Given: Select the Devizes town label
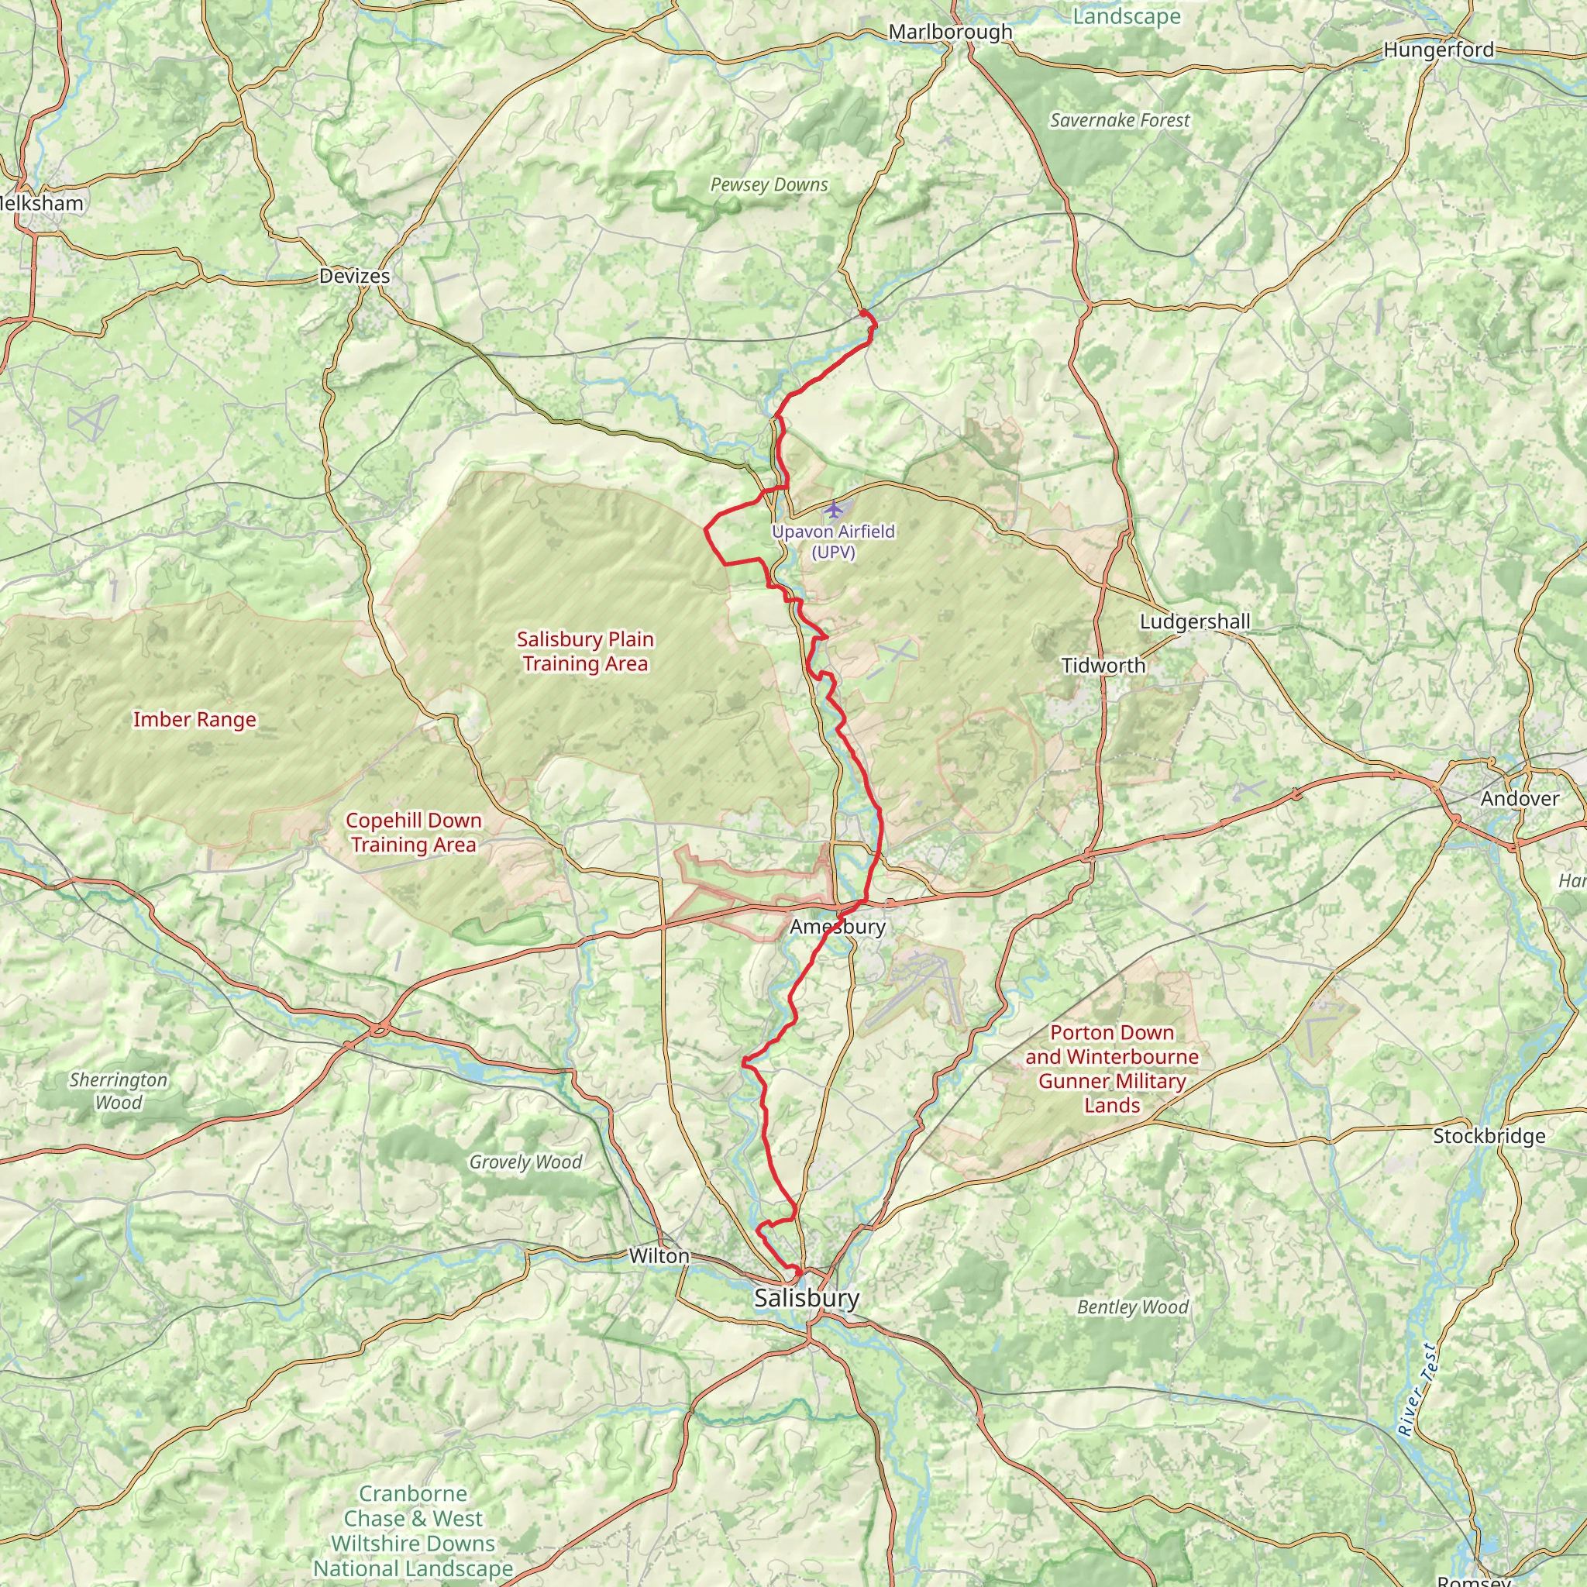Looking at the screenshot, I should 354,276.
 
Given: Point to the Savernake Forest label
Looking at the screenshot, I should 1120,121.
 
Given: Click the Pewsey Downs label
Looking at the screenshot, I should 769,185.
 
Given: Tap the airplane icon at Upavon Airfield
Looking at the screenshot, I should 834,510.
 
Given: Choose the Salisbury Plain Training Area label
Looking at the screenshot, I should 585,651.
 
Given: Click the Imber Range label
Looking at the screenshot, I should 195,720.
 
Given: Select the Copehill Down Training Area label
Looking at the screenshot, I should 413,832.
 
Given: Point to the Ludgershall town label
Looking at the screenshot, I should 1194,621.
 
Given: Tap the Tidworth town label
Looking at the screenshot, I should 1103,666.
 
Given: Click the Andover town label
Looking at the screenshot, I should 1519,798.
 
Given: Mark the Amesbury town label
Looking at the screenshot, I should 837,927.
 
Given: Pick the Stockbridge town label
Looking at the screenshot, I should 1489,1136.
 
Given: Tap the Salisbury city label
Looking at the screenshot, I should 807,1298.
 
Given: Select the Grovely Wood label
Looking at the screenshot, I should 525,1162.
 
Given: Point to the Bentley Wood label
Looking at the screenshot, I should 1132,1307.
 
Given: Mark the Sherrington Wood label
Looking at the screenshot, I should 119,1091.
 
